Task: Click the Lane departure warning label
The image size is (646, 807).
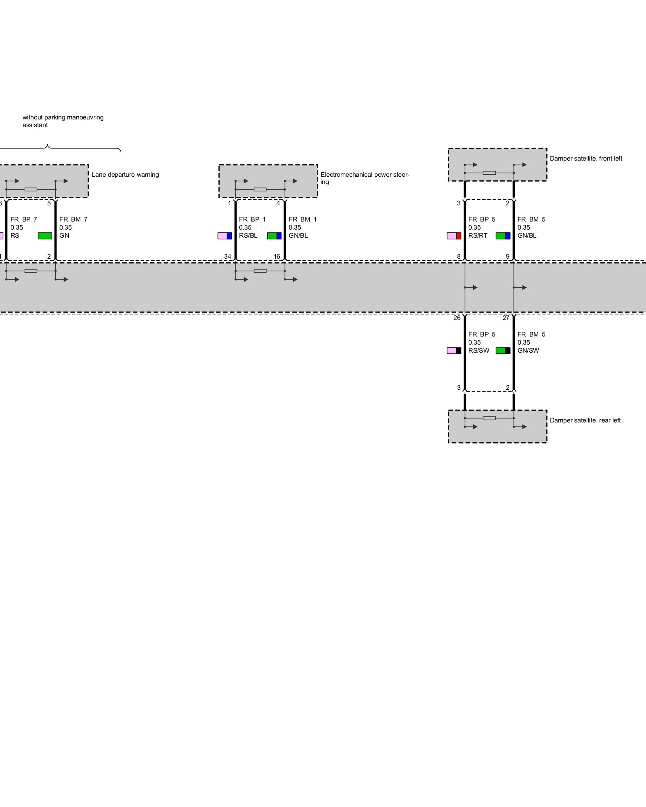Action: click(125, 175)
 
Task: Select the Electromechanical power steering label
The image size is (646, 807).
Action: click(365, 178)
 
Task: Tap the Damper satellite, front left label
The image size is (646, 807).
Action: click(586, 159)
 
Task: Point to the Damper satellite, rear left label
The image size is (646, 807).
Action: click(585, 420)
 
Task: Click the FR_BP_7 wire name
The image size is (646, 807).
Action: click(23, 220)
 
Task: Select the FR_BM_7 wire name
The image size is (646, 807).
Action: click(73, 220)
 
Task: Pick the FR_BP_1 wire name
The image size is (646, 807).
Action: click(252, 220)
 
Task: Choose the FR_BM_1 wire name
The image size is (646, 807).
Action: click(302, 220)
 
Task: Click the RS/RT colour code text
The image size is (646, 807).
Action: click(478, 236)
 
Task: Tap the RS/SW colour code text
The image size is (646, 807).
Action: click(478, 351)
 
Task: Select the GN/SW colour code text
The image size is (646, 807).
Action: click(528, 351)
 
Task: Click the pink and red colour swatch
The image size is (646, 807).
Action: click(454, 236)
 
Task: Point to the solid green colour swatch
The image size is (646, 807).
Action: click(45, 236)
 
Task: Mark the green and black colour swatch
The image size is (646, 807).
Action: click(503, 351)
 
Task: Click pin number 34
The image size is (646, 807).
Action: click(228, 257)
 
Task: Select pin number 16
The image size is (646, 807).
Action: click(277, 257)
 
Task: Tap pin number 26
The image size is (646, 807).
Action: click(457, 318)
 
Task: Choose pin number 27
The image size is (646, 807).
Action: click(506, 318)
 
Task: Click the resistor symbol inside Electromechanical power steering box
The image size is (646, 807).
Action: click(260, 189)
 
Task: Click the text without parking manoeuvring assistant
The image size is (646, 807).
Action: click(63, 121)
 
